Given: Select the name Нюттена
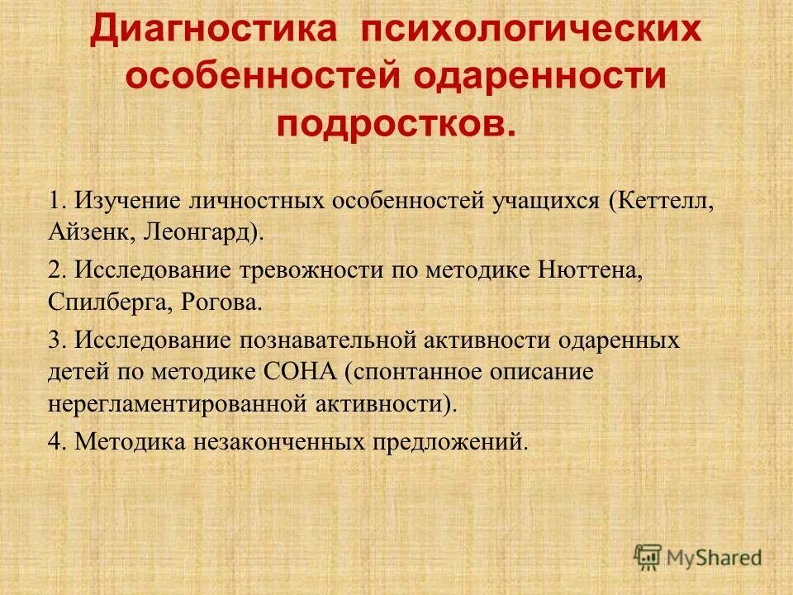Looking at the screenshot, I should (589, 271).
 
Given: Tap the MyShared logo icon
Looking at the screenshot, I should (648, 556).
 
